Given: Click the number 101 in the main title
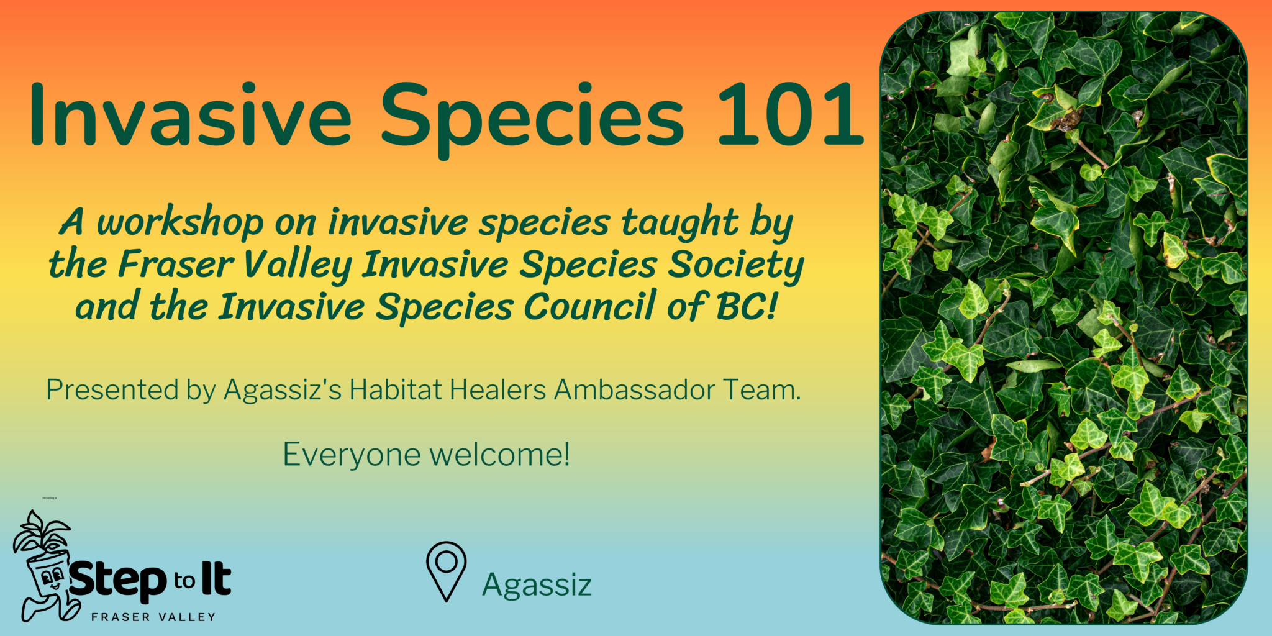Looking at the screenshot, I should click(790, 115).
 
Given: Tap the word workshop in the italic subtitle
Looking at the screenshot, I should click(180, 223).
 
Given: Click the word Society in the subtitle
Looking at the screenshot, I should click(736, 265).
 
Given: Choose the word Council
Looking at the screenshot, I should click(590, 307).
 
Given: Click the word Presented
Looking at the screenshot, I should click(112, 391).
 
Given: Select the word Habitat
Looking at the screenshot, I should click(396, 390).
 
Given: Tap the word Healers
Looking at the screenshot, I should click(497, 390).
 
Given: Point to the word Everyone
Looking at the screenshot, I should click(352, 455).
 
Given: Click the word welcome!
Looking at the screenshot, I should click(499, 455).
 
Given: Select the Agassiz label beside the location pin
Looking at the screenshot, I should click(537, 585).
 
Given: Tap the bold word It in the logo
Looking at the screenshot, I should click(216, 579).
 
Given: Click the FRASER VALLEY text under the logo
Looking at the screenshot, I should click(153, 617).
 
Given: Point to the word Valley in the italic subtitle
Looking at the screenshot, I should click(298, 265).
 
